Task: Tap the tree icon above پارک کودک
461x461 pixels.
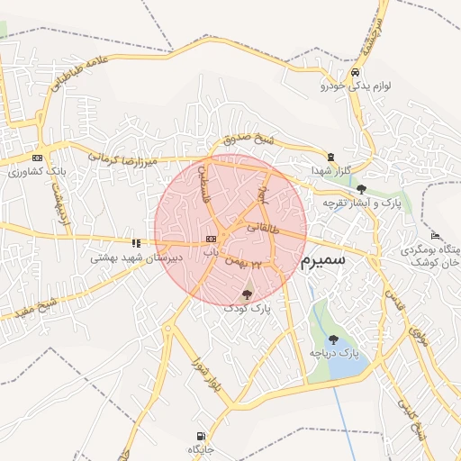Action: pyautogui.click(x=248, y=294)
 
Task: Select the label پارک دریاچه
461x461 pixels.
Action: pyautogui.click(x=334, y=354)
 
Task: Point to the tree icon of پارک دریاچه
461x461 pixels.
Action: pyautogui.click(x=334, y=339)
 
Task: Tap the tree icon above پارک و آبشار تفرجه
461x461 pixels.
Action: pyautogui.click(x=361, y=189)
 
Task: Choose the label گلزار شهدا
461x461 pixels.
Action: pyautogui.click(x=330, y=170)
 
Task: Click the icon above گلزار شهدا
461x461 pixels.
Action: pyautogui.click(x=330, y=157)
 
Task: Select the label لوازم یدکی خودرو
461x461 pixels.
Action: pyautogui.click(x=355, y=86)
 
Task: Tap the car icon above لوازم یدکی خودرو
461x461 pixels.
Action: pyautogui.click(x=356, y=72)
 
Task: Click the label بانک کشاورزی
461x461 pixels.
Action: pyautogui.click(x=37, y=171)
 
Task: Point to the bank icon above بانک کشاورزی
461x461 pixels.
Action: pyautogui.click(x=37, y=157)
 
